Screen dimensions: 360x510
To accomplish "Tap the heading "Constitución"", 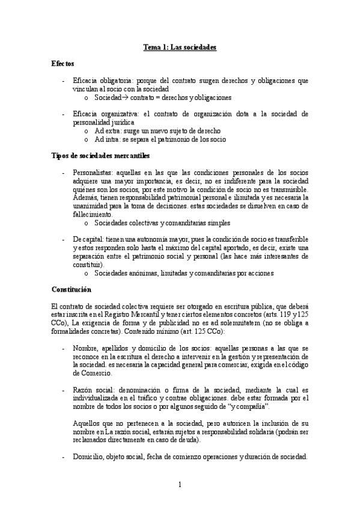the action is pyautogui.click(x=72, y=289).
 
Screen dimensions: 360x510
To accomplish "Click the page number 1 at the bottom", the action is pyautogui.click(x=180, y=484).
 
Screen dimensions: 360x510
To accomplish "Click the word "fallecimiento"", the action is pyautogui.click(x=91, y=214).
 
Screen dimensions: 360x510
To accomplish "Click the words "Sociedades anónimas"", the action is pyautogui.click(x=128, y=272).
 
